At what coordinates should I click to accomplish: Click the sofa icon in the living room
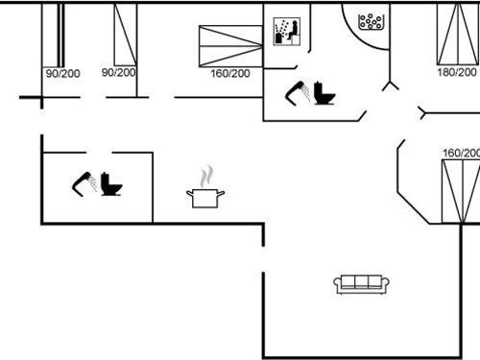362,283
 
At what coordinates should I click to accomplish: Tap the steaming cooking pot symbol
205,197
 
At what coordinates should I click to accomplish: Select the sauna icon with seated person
286,31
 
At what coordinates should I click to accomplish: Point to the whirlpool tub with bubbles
370,21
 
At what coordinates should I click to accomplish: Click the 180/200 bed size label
457,72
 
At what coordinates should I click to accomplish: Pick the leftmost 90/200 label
62,72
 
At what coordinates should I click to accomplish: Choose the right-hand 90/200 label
119,72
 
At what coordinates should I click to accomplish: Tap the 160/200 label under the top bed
229,73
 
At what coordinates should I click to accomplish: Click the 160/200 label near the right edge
461,153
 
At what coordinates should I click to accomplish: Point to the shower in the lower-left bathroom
83,182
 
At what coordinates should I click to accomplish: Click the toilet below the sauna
324,95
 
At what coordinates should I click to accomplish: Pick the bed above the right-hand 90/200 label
124,35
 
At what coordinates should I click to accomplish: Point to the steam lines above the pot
205,178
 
